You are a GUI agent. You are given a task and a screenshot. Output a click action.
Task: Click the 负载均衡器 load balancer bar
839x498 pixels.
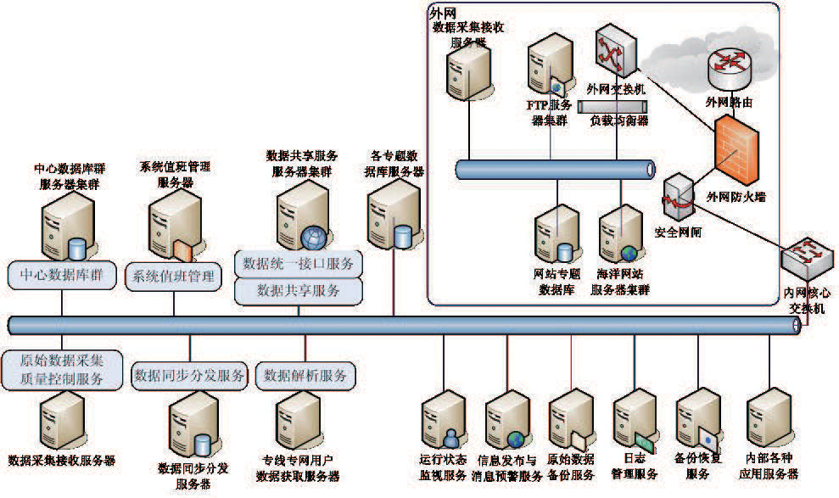612,106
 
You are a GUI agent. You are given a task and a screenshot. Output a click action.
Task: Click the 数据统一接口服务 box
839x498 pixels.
299,262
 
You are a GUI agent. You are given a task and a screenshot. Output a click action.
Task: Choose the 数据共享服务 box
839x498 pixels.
299,290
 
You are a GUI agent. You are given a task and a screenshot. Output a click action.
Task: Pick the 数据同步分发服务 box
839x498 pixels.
188,374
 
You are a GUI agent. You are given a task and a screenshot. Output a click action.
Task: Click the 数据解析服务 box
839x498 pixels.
305,374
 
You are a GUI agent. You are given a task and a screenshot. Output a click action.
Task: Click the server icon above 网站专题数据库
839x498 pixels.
557,233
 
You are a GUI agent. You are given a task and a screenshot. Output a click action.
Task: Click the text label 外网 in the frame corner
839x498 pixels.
441,14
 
